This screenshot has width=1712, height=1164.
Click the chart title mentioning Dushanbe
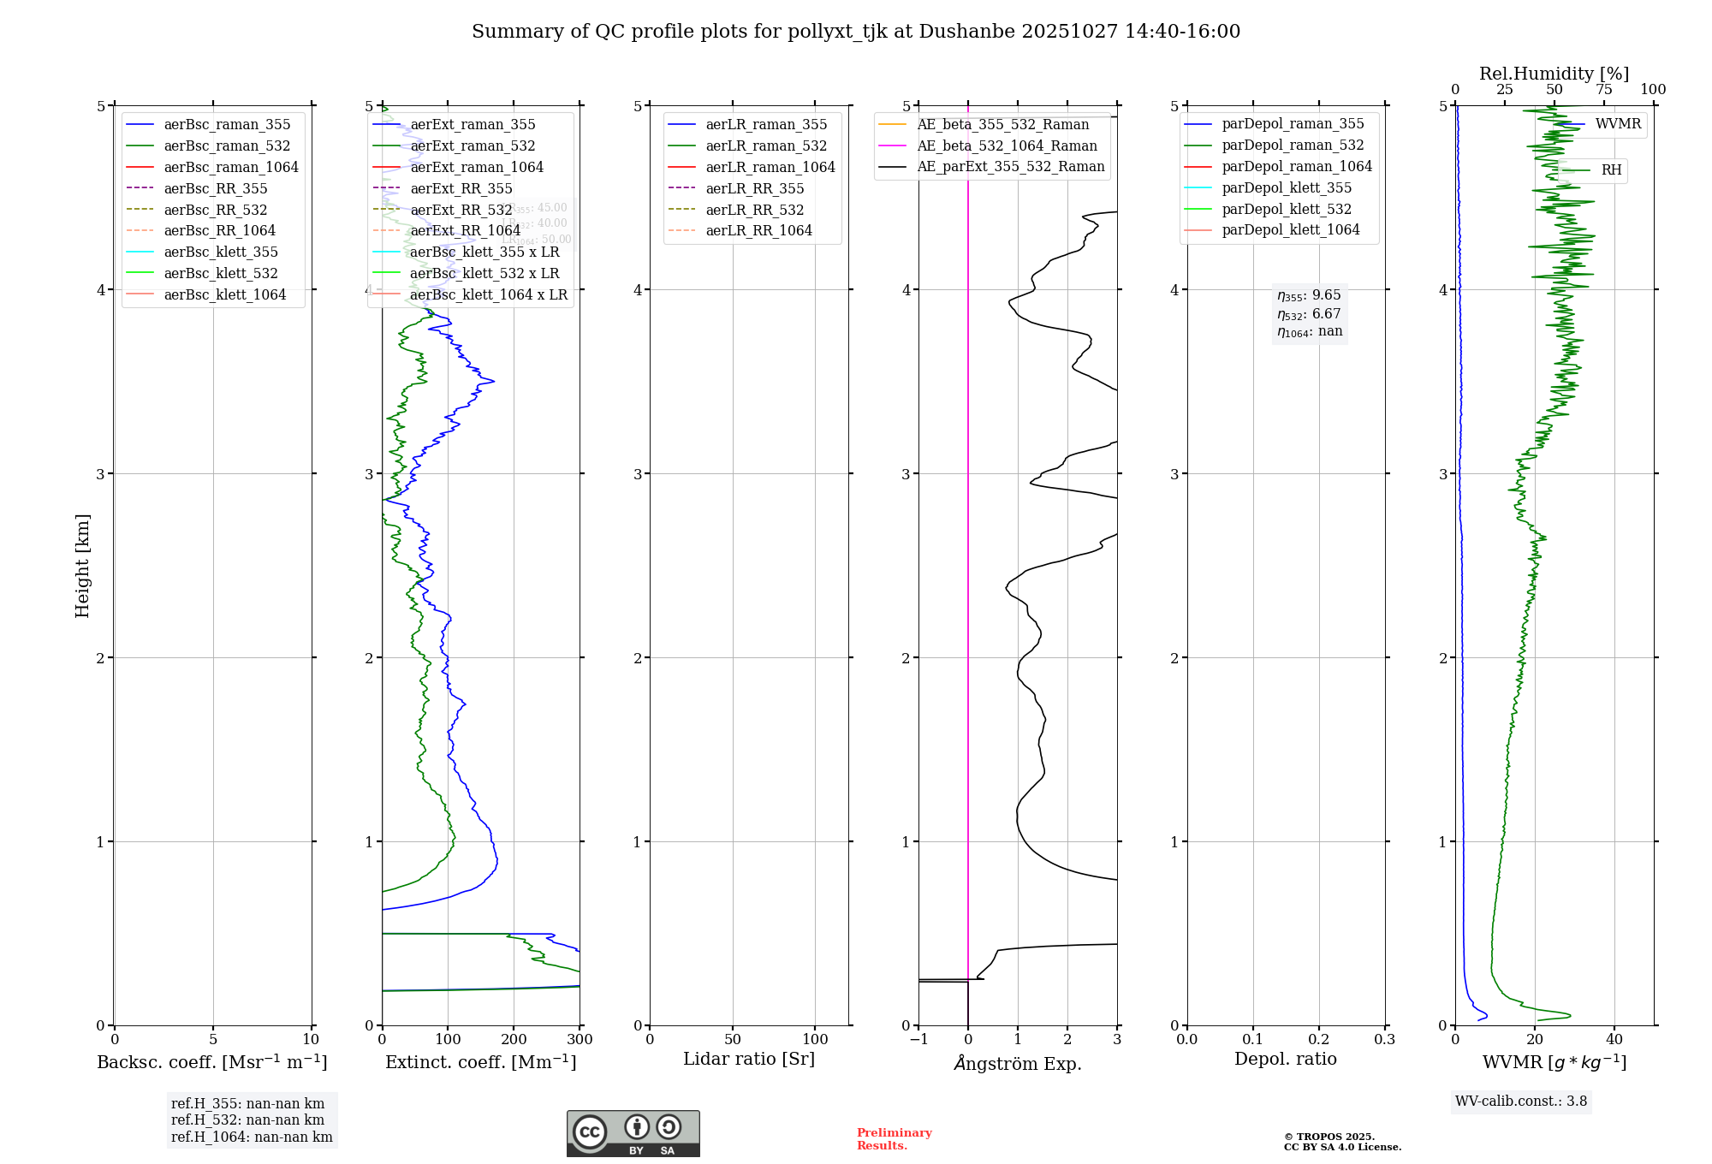point(856,32)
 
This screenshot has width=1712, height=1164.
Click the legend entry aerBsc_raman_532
point(227,146)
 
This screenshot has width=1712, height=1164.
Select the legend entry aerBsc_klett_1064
point(225,295)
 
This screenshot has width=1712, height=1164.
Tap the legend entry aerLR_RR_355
point(754,189)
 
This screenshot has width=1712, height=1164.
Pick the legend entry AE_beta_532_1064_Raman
point(1007,146)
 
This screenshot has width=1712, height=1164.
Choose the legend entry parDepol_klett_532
point(1287,210)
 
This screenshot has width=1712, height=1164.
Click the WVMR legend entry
point(1618,124)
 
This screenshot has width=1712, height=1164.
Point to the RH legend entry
point(1611,170)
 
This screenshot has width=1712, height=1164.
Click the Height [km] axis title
point(82,566)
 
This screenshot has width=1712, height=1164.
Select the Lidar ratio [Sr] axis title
point(749,1060)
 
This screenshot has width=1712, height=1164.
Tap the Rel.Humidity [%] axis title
point(1554,74)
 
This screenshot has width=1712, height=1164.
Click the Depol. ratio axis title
point(1285,1060)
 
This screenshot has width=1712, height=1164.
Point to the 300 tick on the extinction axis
point(580,1040)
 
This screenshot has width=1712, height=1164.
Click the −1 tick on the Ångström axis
point(918,1040)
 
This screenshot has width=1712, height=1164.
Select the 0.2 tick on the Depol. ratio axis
point(1319,1040)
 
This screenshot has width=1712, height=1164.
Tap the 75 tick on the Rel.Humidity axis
point(1604,90)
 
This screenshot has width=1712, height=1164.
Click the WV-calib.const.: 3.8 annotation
point(1521,1102)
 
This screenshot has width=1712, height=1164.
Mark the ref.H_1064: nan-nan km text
point(252,1137)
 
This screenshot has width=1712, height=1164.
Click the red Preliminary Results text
point(894,1139)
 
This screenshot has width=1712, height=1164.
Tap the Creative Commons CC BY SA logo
point(633,1134)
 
